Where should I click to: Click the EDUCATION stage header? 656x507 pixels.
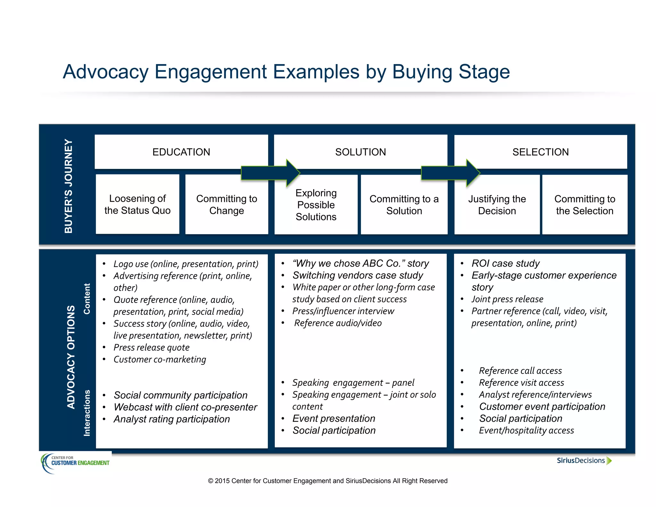[181, 152]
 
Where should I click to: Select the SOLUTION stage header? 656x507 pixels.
[360, 152]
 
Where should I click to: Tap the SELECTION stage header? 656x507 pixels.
[540, 152]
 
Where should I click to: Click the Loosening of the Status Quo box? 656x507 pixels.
[137, 204]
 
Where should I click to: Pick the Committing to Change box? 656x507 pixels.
[226, 204]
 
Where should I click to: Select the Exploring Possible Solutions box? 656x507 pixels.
[316, 205]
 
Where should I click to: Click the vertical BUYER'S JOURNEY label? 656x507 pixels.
[69, 186]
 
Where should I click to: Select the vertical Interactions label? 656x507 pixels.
[87, 413]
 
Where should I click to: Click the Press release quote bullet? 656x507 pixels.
[152, 347]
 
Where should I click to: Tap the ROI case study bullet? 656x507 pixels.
[505, 263]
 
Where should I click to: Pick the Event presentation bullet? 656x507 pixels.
[333, 419]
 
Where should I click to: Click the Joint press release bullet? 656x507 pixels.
[507, 299]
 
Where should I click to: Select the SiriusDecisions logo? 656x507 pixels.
[584, 461]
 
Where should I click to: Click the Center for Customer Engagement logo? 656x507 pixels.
[76, 462]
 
